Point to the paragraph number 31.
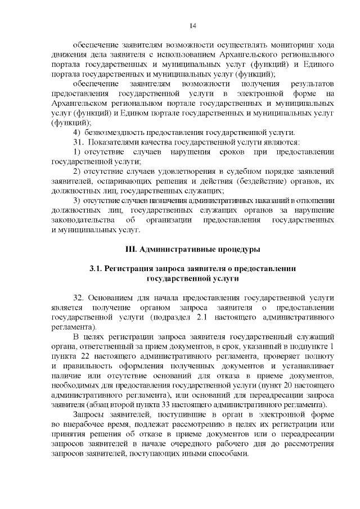[78, 142]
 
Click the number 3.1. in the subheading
[96, 269]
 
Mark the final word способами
[225, 454]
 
